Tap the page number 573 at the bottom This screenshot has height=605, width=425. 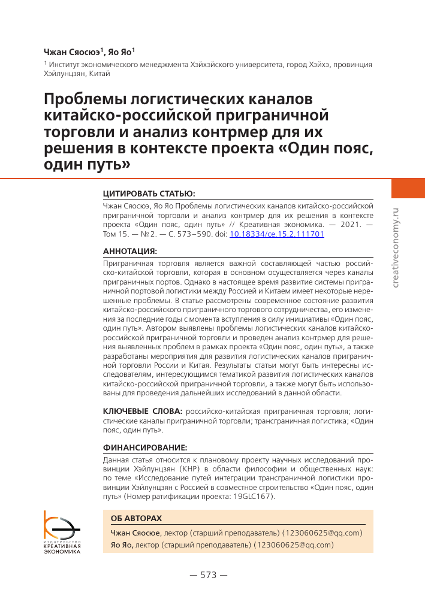[x=208, y=575]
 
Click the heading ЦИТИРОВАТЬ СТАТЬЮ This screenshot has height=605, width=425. [x=149, y=194]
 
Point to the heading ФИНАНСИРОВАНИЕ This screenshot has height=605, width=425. [x=145, y=447]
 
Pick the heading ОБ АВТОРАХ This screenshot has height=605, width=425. [x=136, y=518]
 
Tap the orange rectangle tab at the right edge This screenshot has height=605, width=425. [x=408, y=187]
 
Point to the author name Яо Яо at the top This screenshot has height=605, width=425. [x=124, y=52]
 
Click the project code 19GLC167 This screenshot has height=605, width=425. [x=251, y=497]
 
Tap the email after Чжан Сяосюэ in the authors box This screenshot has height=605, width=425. [x=323, y=533]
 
